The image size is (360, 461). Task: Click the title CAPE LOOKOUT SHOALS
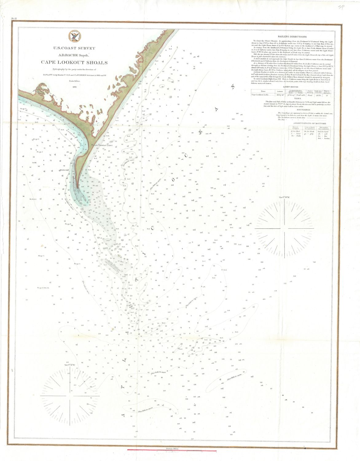pos(74,63)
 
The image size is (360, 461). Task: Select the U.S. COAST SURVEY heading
pos(74,48)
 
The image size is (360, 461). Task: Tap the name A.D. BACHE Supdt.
pos(74,55)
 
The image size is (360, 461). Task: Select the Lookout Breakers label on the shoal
pos(112,265)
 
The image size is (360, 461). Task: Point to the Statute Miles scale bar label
pos(172,449)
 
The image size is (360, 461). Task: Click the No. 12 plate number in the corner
pos(14,19)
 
